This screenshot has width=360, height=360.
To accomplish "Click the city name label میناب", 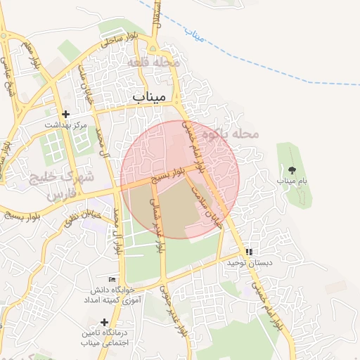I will coord(148,96).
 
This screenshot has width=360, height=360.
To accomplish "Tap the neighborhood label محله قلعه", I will coord(154,63).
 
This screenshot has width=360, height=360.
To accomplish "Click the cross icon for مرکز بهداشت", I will coord(65,114).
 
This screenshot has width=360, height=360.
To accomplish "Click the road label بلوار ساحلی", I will coord(116,40).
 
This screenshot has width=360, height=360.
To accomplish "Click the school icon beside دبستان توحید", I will coord(249,252).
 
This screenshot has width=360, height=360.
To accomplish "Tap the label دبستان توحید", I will coord(244,263).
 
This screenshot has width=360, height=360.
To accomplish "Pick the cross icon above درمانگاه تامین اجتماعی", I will coord(104,322).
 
